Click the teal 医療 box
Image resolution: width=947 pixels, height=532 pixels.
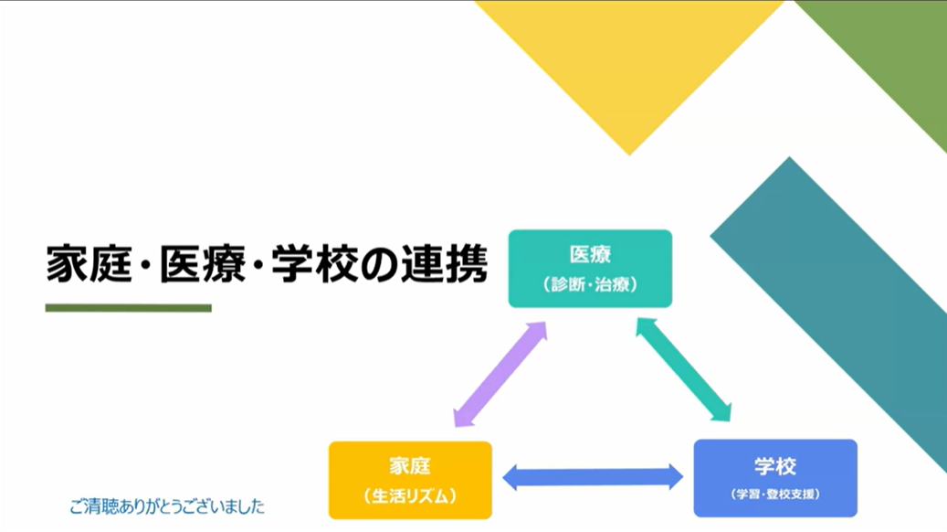coord(590,269)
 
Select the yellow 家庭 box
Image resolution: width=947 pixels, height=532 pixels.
coord(410,480)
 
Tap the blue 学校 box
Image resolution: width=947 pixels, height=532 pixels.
coord(775,478)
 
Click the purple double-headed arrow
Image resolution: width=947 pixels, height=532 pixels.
coord(500,374)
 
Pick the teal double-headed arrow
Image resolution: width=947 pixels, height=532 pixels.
coord(684,369)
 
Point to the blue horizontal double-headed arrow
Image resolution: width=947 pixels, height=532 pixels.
coord(593,476)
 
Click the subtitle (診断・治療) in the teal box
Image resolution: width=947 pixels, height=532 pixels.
coord(590,284)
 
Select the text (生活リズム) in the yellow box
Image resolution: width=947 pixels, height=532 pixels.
coord(410,496)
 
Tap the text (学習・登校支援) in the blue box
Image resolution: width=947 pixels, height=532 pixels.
coord(775,495)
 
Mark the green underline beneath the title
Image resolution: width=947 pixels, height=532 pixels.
coord(128,308)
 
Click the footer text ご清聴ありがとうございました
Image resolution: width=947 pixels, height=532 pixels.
coord(166,505)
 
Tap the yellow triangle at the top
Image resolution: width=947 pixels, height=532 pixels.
coord(628,55)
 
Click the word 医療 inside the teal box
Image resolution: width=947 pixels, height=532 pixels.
coord(590,255)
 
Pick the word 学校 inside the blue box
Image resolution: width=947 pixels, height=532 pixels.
coord(775,466)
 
